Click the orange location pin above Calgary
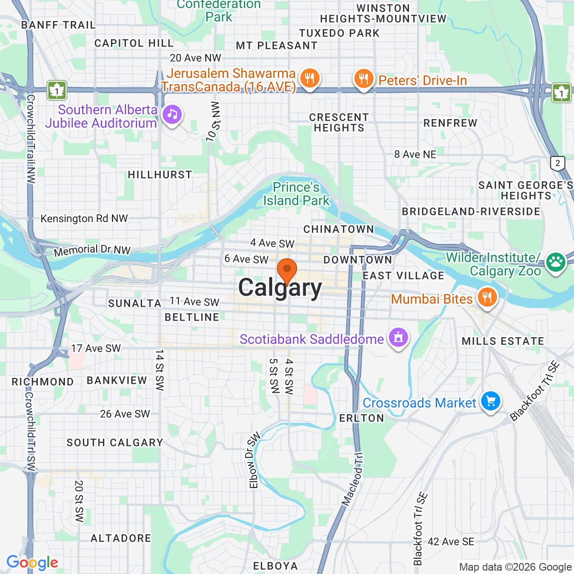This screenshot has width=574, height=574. [287, 270]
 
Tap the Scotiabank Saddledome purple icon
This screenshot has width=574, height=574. [398, 338]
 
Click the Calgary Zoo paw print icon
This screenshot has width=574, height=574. [556, 262]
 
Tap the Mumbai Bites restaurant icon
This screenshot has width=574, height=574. [487, 298]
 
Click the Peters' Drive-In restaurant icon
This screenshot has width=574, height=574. [364, 78]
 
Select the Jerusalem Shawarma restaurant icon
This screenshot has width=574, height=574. [309, 78]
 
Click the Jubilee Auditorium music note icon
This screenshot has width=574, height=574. [172, 114]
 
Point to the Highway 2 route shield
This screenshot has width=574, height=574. [557, 163]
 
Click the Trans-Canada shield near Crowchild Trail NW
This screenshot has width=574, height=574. [57, 90]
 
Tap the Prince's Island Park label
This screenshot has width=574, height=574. [296, 194]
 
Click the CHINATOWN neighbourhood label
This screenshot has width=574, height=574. [339, 229]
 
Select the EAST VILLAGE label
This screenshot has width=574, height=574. [404, 276]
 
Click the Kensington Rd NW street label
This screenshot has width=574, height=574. [84, 219]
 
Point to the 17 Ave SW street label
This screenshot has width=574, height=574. [96, 348]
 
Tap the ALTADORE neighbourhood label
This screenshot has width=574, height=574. [121, 538]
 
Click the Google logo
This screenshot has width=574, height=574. [32, 563]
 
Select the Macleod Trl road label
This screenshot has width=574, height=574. [353, 479]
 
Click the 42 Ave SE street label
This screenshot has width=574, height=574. [451, 541]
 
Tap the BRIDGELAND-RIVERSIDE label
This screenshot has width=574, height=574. [471, 211]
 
